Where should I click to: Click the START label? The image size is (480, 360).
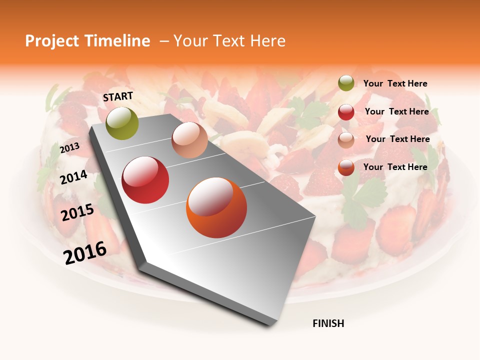tap(118, 96)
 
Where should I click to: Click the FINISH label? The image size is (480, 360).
tap(328, 323)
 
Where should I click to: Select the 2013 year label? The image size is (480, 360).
tap(69, 148)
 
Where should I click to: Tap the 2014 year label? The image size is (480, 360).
tap(73, 177)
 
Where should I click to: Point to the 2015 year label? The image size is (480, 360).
tap(77, 212)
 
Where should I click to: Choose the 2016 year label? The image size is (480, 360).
tap(84, 252)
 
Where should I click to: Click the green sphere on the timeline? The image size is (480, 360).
tap(122, 123)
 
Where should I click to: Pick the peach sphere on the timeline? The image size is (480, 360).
tap(189, 140)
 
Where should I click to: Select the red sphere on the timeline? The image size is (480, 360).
tap(145, 180)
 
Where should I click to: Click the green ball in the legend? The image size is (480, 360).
tap(346, 83)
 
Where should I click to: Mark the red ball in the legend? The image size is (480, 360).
tap(346, 112)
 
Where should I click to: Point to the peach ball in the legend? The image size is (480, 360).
tap(346, 140)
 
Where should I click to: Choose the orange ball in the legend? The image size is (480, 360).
tap(346, 167)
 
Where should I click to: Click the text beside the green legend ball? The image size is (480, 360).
tap(395, 84)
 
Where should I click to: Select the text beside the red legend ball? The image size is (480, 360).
tap(396, 111)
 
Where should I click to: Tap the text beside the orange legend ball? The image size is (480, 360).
tap(395, 167)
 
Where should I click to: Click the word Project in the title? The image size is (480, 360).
tap(52, 41)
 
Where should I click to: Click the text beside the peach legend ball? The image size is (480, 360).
tap(397, 139)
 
